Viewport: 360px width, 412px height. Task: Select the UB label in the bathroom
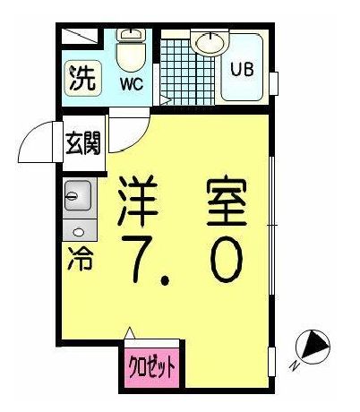point(241,69)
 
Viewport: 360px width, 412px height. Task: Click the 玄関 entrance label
point(82,142)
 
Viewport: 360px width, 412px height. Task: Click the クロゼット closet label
point(150,367)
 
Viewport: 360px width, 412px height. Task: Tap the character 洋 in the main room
point(141,204)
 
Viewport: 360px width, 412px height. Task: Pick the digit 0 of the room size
point(223,261)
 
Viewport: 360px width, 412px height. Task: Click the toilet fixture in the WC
point(132,54)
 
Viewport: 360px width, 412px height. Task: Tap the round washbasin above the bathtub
point(210,42)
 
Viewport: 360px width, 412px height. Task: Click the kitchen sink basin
point(76,193)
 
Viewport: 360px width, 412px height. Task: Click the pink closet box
point(149,367)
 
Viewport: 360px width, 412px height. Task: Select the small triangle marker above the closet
point(130,334)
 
